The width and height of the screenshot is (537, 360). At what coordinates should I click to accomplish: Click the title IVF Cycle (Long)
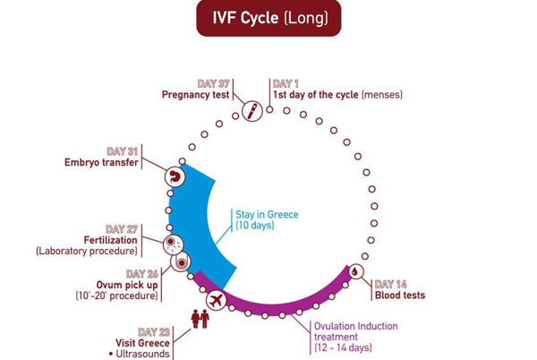pos(268,18)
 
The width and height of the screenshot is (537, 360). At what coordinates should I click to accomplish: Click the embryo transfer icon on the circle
pos(175,176)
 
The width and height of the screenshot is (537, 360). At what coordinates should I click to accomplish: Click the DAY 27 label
pos(122,229)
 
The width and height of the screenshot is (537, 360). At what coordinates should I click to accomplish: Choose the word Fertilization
pos(111,241)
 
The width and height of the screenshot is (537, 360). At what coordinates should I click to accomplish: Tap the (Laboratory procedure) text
pos(87,252)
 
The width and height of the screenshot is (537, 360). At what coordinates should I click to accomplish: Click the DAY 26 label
pos(142,273)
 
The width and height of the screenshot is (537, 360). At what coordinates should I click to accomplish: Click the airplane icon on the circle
pos(215,302)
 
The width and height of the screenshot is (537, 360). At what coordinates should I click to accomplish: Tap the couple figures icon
pos(200,318)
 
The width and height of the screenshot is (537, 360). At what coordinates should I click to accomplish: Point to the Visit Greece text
pos(143,342)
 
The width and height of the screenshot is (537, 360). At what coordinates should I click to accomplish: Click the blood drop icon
pos(355,270)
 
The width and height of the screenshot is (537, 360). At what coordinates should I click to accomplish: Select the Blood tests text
pos(400,296)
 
